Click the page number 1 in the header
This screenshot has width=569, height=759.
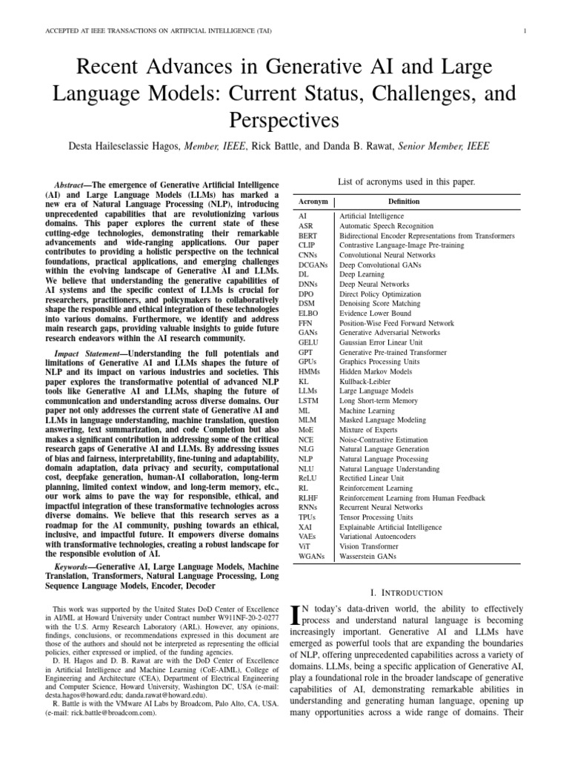coord(524,31)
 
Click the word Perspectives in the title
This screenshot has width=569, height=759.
coord(284,119)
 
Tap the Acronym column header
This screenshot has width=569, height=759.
coord(313,201)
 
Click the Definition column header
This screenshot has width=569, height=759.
coord(404,201)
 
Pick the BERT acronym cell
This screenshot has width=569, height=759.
coord(307,236)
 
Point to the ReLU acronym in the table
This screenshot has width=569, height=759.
coord(308,478)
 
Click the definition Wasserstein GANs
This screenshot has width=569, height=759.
coord(368,555)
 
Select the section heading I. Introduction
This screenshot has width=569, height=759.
coord(406,592)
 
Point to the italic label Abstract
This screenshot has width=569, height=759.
coord(71,184)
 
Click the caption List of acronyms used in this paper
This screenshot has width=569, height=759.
coord(406,181)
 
